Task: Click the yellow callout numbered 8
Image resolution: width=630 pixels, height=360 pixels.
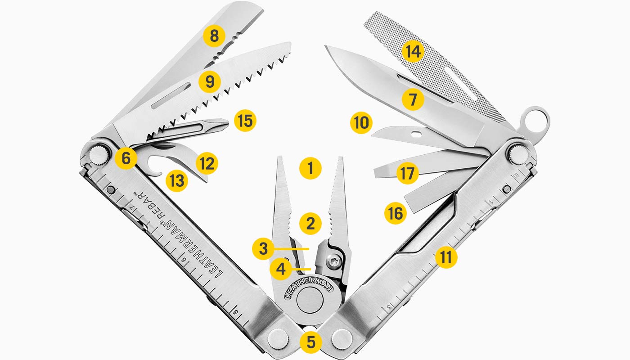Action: pyautogui.click(x=215, y=36)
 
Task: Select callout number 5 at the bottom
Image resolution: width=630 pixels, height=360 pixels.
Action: pyautogui.click(x=310, y=342)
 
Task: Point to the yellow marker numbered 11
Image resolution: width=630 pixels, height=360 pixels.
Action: pyautogui.click(x=446, y=257)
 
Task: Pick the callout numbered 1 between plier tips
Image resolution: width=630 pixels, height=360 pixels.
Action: pyautogui.click(x=310, y=168)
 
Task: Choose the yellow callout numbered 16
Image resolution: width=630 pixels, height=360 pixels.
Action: pyautogui.click(x=396, y=213)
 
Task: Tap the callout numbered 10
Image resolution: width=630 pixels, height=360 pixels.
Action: pyautogui.click(x=361, y=122)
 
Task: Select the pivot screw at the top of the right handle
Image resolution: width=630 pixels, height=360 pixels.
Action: pyautogui.click(x=517, y=153)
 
